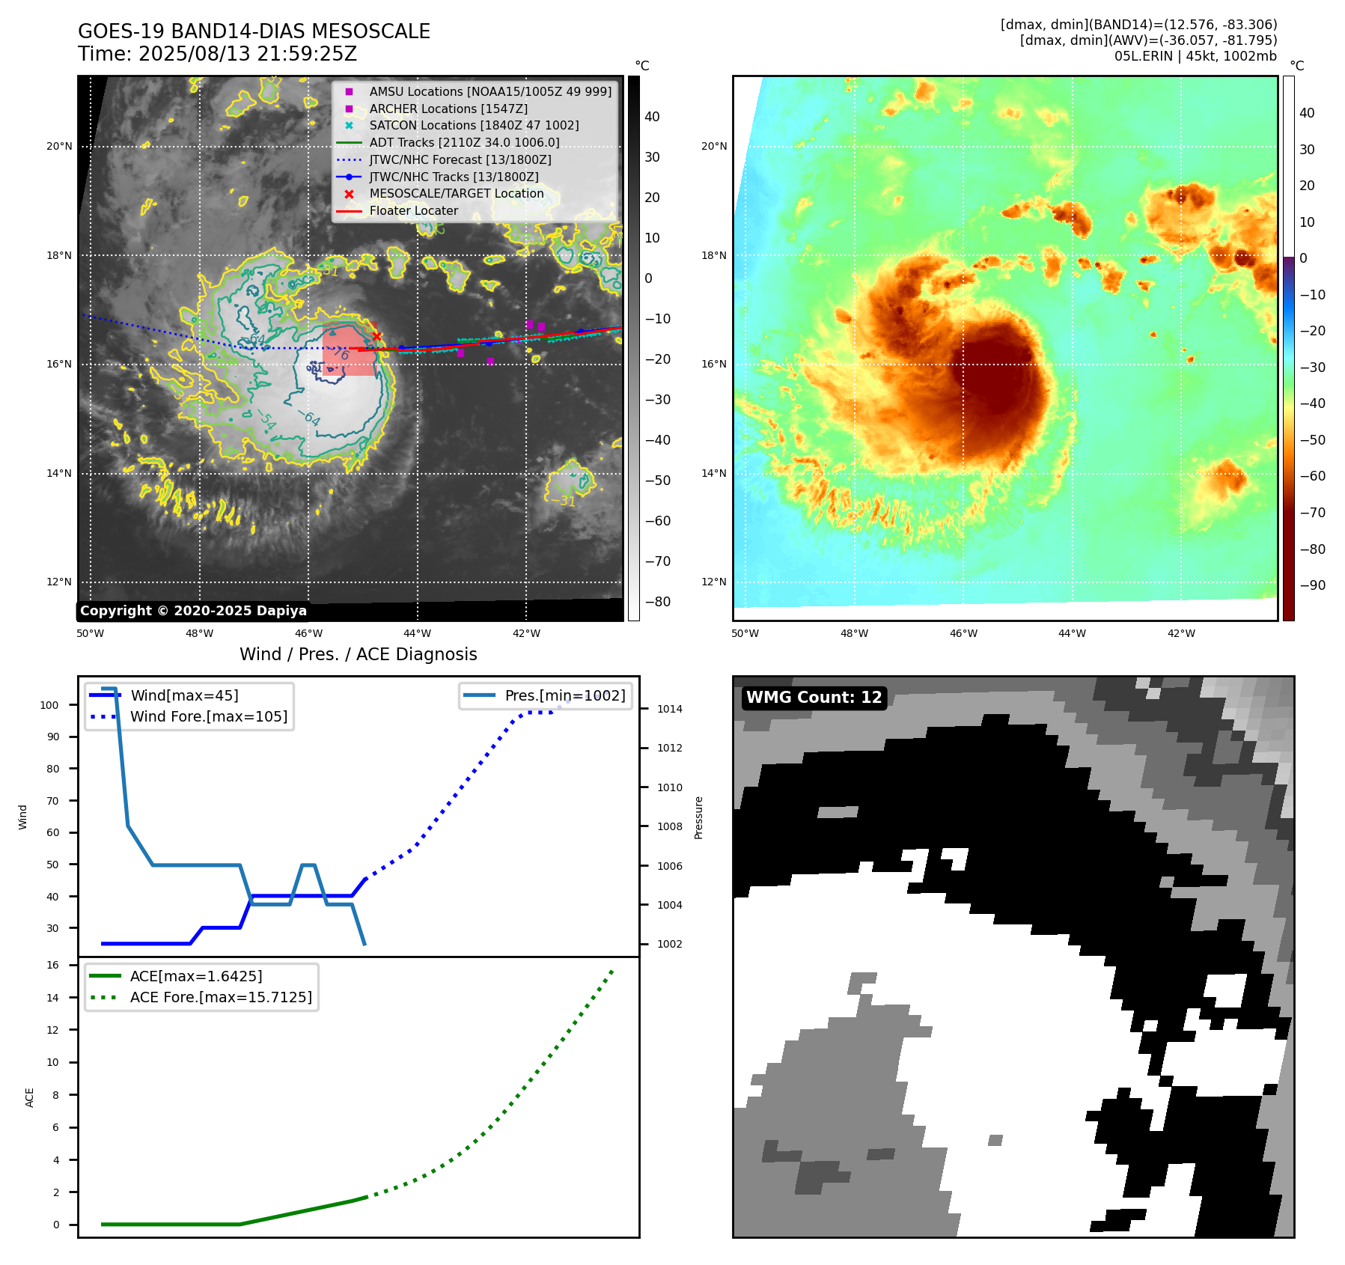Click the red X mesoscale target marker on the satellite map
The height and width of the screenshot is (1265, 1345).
[x=376, y=336]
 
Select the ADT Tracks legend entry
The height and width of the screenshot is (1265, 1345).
[x=464, y=142]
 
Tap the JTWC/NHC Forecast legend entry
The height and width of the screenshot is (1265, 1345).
[x=460, y=159]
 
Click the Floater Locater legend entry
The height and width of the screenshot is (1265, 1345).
[x=413, y=210]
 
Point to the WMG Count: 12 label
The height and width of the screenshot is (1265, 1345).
[x=814, y=697]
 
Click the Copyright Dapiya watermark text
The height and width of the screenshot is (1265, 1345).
[x=193, y=611]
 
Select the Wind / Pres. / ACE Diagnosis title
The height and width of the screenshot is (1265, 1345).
[x=358, y=654]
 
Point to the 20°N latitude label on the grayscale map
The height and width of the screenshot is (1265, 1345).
[x=59, y=146]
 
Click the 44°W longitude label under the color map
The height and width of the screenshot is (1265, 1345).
[x=1072, y=633]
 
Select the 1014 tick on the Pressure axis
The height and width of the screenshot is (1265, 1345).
[x=669, y=709]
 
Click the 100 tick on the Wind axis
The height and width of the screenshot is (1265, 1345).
[x=49, y=705]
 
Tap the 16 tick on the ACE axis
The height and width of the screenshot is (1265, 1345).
[x=52, y=965]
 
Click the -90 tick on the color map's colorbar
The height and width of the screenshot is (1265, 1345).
[x=1312, y=585]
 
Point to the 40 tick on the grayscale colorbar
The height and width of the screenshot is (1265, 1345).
[x=652, y=117]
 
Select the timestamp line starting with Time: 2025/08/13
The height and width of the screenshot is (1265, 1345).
[x=217, y=54]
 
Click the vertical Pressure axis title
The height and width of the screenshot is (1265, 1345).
[x=698, y=817]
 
